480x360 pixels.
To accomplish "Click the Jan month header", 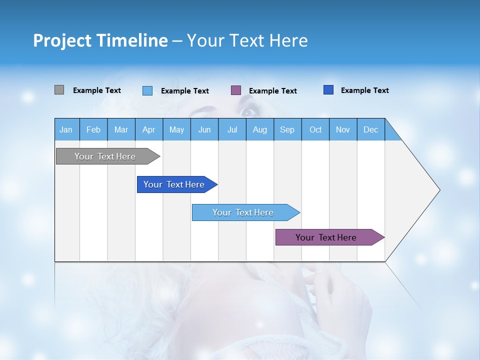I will point(66,129).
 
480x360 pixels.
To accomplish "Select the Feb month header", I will point(93,129).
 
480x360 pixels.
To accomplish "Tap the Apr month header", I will point(148,129).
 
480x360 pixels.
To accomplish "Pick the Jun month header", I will point(204,129).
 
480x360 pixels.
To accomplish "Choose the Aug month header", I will point(259,129).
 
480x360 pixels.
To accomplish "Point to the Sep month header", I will point(287,129).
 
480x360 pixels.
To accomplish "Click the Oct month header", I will point(315,129).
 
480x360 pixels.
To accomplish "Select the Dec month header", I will point(370,129).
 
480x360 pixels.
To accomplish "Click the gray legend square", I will point(59,90).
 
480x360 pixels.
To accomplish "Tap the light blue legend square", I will point(147,90).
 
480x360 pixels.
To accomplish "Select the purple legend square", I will point(236,90).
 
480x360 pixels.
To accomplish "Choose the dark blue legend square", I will point(328,90).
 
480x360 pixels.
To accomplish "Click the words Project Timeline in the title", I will point(100,40).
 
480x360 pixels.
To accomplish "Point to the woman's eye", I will point(247,110).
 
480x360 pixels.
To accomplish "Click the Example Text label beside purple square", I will point(272,91).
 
